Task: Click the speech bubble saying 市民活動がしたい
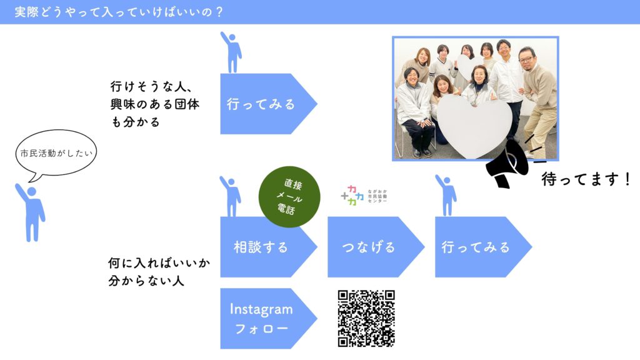56,153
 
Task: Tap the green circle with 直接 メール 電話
289,197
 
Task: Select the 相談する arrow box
269,247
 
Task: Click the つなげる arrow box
376,247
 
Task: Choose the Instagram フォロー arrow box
269,318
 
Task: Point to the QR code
366,318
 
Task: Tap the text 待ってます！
586,179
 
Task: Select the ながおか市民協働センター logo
364,196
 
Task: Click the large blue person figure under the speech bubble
30,212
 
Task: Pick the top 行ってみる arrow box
269,104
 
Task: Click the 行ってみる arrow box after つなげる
483,247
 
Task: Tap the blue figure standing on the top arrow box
232,52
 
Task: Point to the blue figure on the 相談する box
231,196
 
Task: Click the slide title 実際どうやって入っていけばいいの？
119,12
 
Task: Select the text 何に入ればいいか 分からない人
159,271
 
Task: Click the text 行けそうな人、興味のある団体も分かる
155,104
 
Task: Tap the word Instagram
261,309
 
